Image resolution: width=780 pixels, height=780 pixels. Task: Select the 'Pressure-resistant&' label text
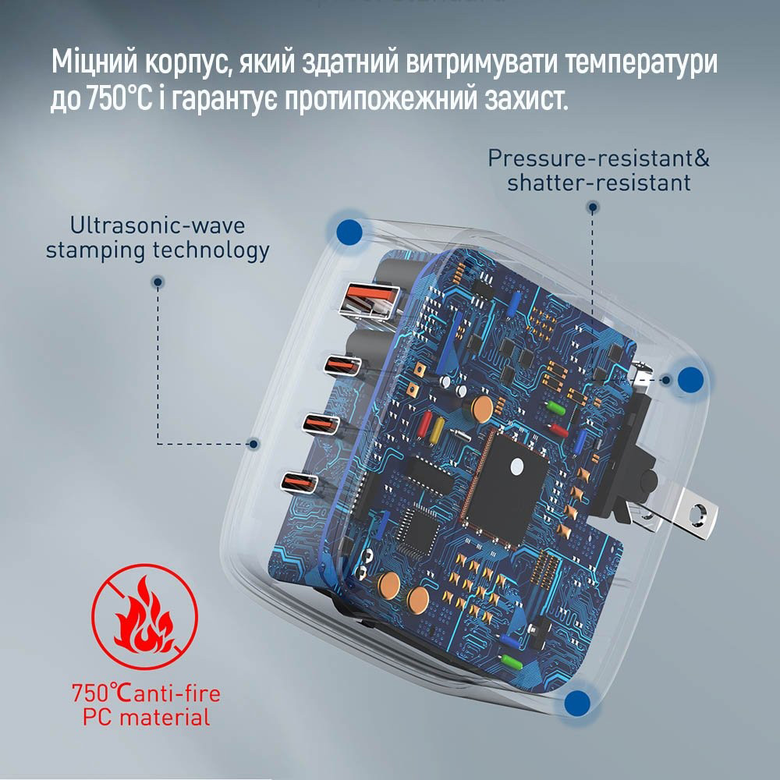tap(598, 158)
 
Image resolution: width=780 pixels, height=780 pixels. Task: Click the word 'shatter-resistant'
tap(598, 183)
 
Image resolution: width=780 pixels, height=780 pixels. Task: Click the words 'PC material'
tap(146, 718)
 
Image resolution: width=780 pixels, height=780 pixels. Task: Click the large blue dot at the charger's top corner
tap(349, 231)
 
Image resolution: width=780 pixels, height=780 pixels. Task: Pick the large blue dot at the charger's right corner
tap(690, 379)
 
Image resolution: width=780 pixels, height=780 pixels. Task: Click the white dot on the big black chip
tap(516, 466)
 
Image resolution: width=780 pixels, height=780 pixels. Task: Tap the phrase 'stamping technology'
tap(158, 250)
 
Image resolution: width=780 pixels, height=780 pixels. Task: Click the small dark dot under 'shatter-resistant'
tap(593, 208)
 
